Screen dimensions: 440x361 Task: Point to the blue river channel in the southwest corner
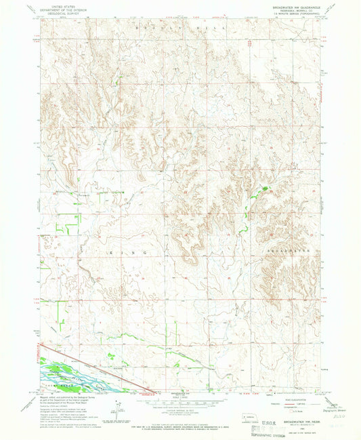[x=68, y=372]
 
